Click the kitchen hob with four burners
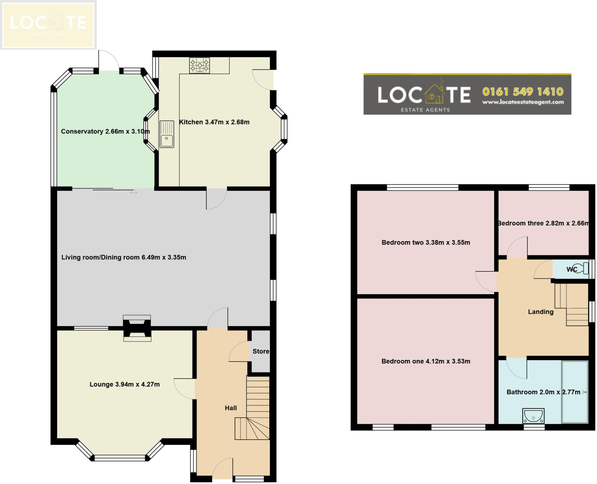click(199, 66)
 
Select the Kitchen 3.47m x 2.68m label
click(214, 122)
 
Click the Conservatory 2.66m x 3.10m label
click(105, 131)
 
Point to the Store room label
click(261, 351)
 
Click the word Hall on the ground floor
click(231, 408)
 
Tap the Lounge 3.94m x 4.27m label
click(124, 384)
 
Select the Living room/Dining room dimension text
click(124, 257)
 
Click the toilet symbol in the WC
click(582, 268)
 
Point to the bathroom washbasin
click(533, 415)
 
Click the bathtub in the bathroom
click(575, 392)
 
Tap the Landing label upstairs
click(540, 312)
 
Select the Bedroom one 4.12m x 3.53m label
click(426, 361)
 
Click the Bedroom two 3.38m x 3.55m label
click(426, 242)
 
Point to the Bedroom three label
click(543, 223)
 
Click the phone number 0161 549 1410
click(523, 92)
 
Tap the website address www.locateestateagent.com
click(523, 102)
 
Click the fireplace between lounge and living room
click(137, 328)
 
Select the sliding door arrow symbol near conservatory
click(134, 192)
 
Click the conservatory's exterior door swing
click(108, 60)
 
